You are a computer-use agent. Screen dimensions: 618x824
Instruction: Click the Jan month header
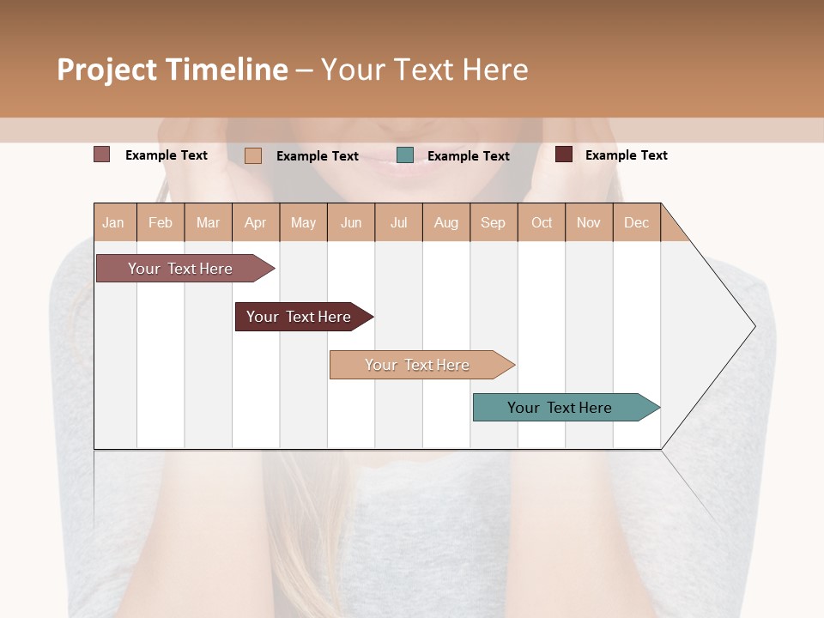click(114, 222)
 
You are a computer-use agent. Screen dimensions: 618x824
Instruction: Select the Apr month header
click(256, 222)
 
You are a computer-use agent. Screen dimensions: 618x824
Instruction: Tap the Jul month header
click(398, 222)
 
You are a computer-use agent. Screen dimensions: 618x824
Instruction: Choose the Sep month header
click(493, 222)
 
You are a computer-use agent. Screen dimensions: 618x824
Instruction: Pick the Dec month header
click(636, 222)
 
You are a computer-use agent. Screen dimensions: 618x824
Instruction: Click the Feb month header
click(161, 222)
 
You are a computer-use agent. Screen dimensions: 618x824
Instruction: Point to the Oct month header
click(542, 222)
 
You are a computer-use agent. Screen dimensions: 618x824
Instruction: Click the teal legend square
click(405, 155)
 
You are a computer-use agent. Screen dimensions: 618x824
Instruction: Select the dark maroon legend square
click(564, 154)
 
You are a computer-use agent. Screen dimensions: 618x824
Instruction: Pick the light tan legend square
click(253, 155)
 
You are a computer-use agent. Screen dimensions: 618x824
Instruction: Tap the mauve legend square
click(101, 154)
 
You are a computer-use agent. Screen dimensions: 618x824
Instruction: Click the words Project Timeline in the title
click(173, 70)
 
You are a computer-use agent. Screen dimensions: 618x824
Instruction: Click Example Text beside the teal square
click(468, 156)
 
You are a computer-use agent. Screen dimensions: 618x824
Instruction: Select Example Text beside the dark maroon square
click(626, 155)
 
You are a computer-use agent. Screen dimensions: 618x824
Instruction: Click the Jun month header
click(351, 222)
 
